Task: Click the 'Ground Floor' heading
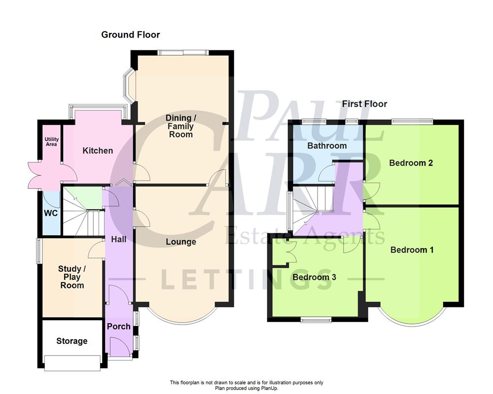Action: pos(131,34)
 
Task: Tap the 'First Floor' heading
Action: pos(365,104)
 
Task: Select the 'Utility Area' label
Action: pos(52,142)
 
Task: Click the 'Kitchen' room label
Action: pos(98,151)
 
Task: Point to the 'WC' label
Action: pos(51,214)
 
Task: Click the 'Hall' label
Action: pos(118,239)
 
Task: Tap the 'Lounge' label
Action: pos(181,242)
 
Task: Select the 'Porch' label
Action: pos(119,326)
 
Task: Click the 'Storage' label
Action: pos(72,341)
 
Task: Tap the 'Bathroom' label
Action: pos(327,146)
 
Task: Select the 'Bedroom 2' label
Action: pos(411,163)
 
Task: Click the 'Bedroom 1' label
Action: pos(412,250)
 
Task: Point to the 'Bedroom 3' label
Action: pos(315,277)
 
